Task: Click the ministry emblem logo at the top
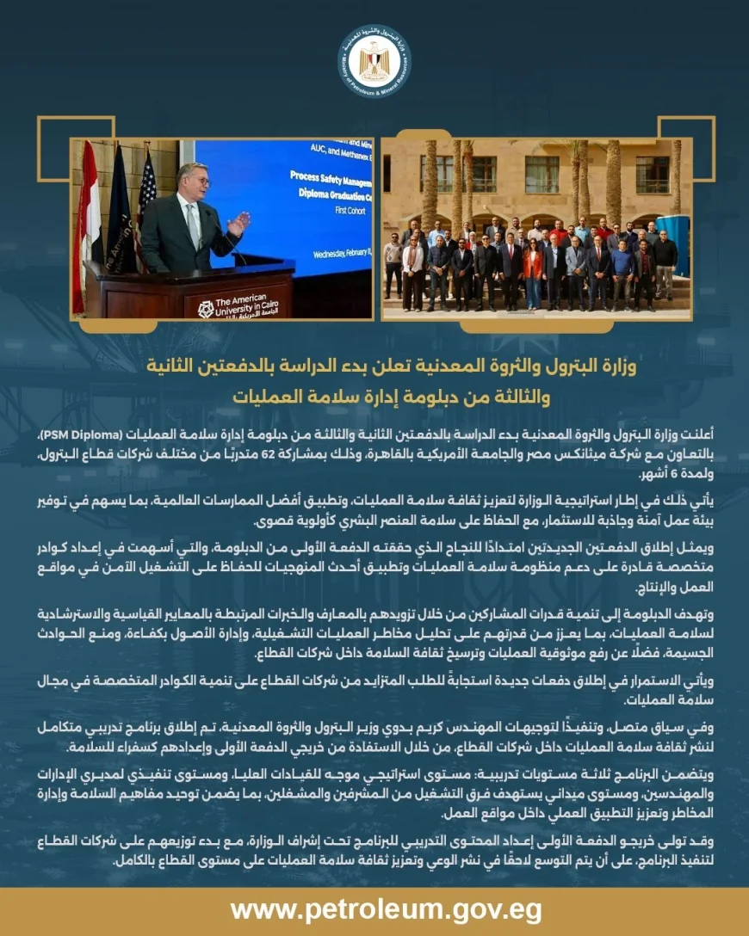point(374,61)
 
